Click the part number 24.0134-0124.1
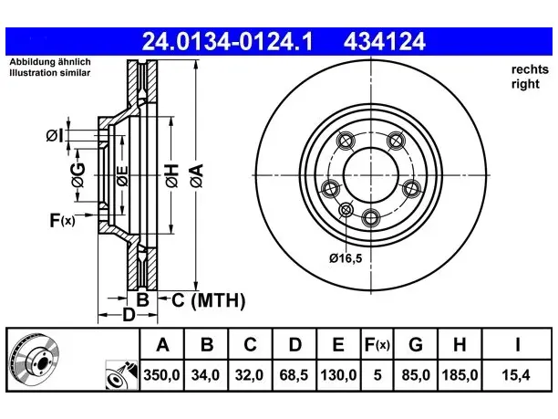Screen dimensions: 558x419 [x=227, y=41]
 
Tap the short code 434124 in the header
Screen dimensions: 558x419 [x=385, y=41]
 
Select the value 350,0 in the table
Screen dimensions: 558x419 [x=162, y=375]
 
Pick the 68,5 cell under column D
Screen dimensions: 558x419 [x=294, y=375]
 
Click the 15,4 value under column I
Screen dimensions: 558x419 [x=516, y=375]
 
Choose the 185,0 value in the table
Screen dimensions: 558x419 [x=460, y=375]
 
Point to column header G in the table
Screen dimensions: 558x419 [x=415, y=344]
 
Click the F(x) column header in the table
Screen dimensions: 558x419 [x=377, y=344]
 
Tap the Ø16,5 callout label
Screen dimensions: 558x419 [x=346, y=258]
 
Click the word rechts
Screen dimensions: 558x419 [x=530, y=69]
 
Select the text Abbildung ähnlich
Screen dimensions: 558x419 [x=50, y=62]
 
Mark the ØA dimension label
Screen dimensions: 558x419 [x=196, y=175]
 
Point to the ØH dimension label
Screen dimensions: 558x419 [x=172, y=175]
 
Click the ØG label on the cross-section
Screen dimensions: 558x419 [x=77, y=175]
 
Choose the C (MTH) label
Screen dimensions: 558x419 [x=208, y=300]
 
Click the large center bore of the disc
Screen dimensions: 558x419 [x=371, y=175]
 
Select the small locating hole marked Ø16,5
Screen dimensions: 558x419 [x=346, y=210]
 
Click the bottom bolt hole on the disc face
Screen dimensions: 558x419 [x=371, y=217]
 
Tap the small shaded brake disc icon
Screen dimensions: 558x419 [x=34, y=360]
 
